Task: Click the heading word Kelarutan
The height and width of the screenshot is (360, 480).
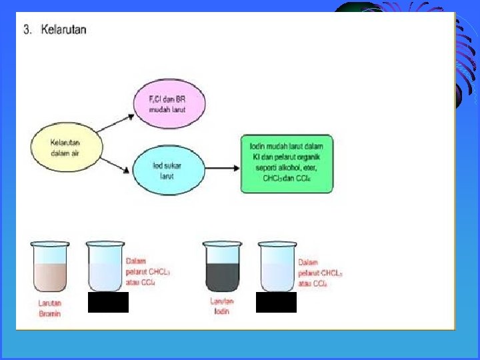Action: (x=63, y=30)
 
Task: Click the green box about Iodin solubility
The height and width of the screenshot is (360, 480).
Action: (x=286, y=164)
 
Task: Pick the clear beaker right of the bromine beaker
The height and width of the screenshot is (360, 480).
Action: (x=106, y=267)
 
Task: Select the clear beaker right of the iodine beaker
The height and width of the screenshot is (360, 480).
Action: (x=278, y=267)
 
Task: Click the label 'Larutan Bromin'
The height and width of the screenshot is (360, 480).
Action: (x=49, y=309)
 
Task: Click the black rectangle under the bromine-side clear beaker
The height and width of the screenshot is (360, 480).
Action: (x=108, y=303)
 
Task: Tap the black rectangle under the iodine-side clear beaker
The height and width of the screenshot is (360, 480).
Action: (x=276, y=303)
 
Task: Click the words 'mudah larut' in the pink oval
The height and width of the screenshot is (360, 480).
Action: (x=167, y=109)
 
